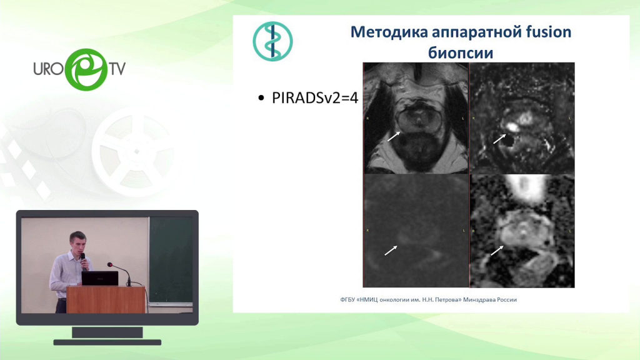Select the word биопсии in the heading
pyautogui.click(x=461, y=53)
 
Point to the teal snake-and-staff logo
pyautogui.click(x=272, y=41)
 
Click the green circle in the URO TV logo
pyautogui.click(x=86, y=69)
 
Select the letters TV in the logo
pyautogui.click(x=117, y=69)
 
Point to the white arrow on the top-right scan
pyautogui.click(x=499, y=139)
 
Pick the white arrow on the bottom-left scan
pyautogui.click(x=391, y=250)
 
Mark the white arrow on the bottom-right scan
pyautogui.click(x=497, y=250)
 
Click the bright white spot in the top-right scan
pyautogui.click(x=511, y=126)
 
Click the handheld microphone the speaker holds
pyautogui.click(x=84, y=261)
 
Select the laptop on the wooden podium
pyautogui.click(x=100, y=278)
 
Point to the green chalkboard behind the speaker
pyautogui.click(x=171, y=260)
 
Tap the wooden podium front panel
pyautogui.click(x=106, y=300)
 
